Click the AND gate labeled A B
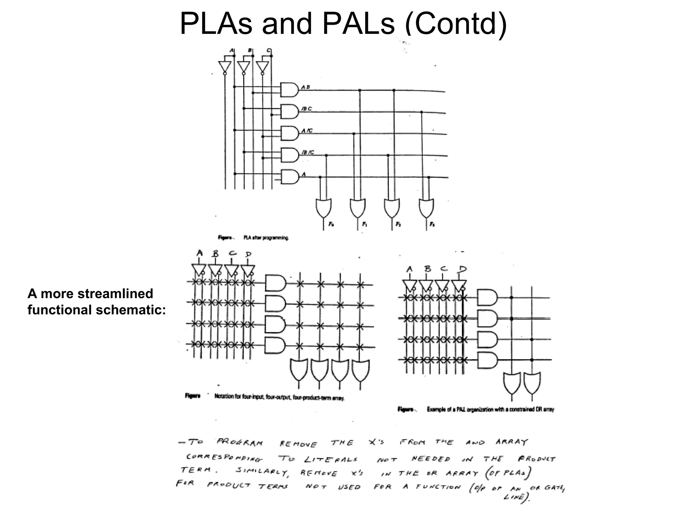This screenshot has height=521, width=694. [x=289, y=90]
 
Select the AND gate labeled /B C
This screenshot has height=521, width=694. [x=289, y=111]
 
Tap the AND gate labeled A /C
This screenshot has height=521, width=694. [x=289, y=133]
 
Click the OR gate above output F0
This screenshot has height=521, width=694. [x=323, y=208]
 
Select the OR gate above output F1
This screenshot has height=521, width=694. [x=358, y=208]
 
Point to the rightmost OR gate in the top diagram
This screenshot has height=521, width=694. [x=426, y=208]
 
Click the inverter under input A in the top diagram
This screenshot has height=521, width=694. [x=225, y=67]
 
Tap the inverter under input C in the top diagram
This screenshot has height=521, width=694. [x=262, y=67]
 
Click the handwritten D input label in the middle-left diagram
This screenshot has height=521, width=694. [x=248, y=254]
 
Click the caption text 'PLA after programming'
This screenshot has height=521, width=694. [x=266, y=238]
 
